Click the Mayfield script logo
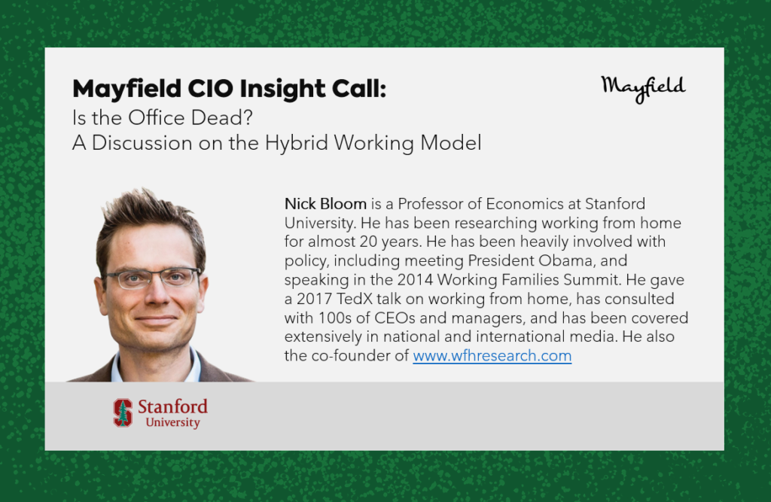(643, 89)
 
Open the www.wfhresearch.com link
(492, 355)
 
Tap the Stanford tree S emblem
(123, 412)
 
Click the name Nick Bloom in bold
(325, 203)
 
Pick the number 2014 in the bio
(415, 280)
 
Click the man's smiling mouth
(156, 320)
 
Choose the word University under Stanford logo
(173, 422)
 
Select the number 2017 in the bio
(314, 299)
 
